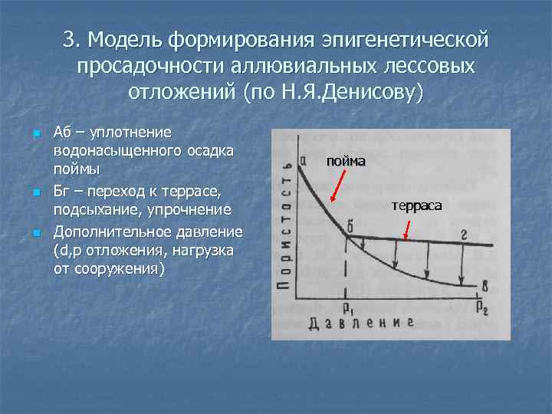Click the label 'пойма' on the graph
346,162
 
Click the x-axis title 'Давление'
361,323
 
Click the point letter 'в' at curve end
484,286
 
